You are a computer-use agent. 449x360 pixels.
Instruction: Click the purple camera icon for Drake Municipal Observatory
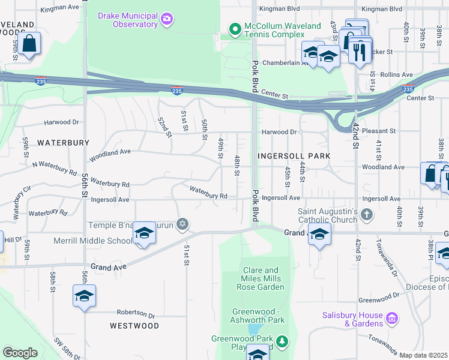tap(167, 20)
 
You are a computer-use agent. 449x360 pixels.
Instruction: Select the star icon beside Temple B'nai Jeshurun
tap(182, 225)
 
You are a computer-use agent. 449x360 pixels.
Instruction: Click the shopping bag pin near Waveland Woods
tap(29, 44)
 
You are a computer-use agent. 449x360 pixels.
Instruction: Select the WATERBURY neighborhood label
tap(63, 143)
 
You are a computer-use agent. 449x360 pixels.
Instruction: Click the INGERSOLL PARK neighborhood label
tap(294, 156)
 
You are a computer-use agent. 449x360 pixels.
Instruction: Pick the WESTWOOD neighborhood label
tap(134, 326)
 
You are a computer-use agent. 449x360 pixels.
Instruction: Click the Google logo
tap(20, 353)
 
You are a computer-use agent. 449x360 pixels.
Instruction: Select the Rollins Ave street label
tap(399, 74)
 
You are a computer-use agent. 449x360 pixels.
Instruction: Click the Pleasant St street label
tap(381, 130)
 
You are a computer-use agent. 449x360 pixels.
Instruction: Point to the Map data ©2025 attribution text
tap(424, 355)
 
